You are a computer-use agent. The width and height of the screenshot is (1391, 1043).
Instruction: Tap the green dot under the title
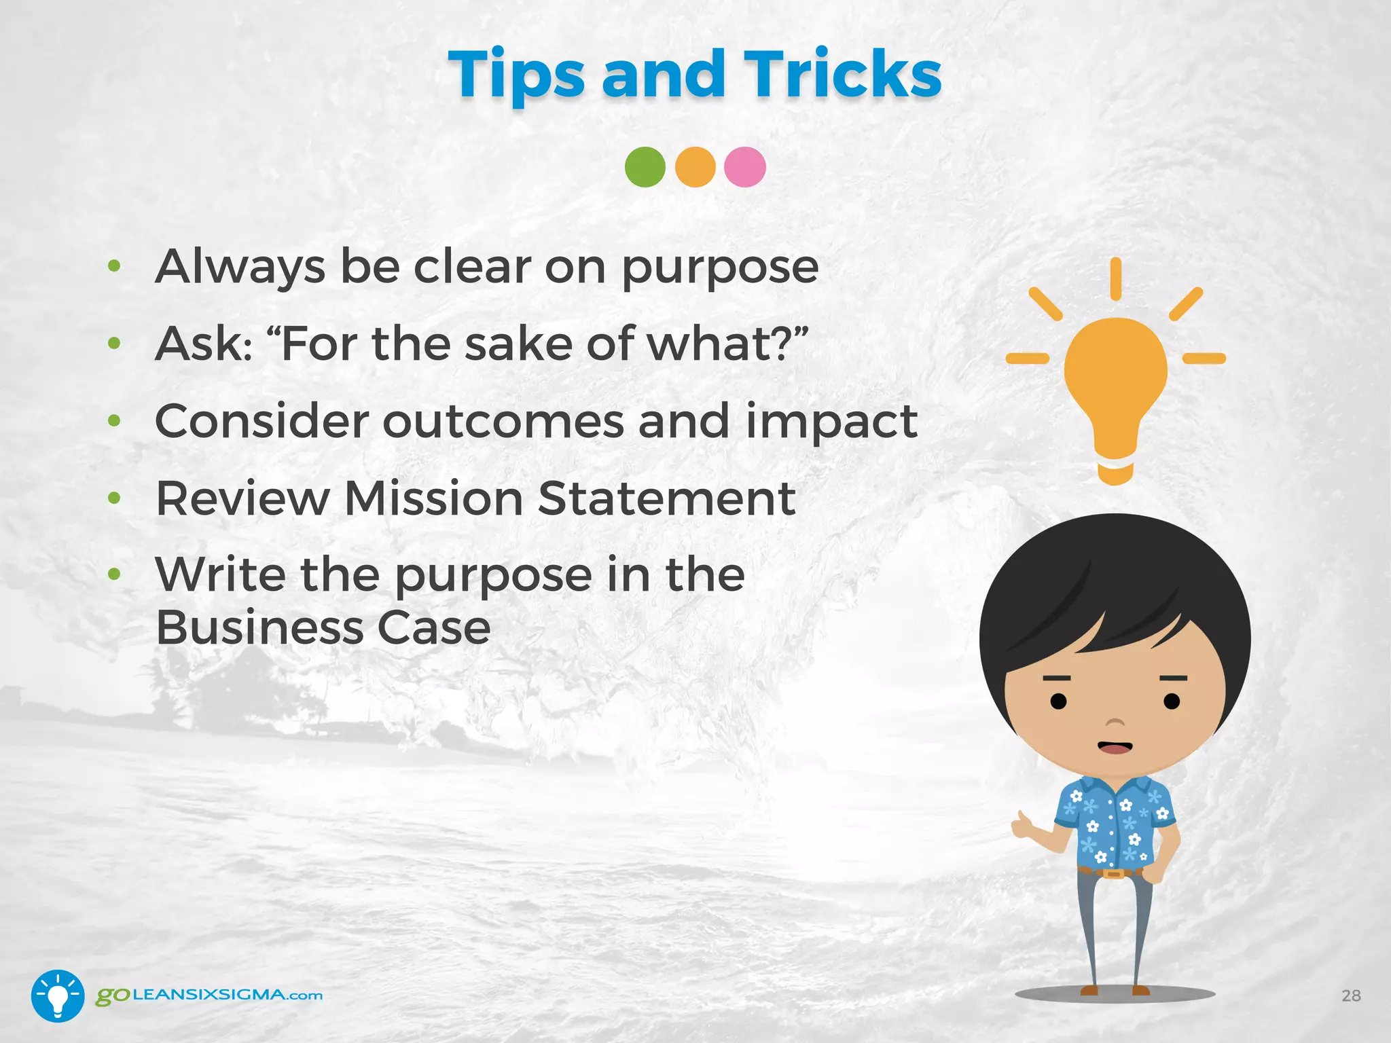[x=645, y=167]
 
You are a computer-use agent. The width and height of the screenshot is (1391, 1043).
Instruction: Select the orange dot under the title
[x=695, y=167]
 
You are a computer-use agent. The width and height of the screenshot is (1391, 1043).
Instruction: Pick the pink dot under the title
[x=744, y=167]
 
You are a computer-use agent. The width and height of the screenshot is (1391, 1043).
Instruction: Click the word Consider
[x=261, y=421]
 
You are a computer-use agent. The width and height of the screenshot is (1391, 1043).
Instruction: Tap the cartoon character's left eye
[x=1058, y=701]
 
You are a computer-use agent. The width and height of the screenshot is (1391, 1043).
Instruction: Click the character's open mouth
[x=1115, y=747]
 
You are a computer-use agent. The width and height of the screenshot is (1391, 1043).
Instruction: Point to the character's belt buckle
[x=1113, y=873]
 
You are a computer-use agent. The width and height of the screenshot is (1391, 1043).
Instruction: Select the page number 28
[x=1351, y=995]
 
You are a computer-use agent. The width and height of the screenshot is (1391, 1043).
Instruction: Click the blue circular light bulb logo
[x=58, y=995]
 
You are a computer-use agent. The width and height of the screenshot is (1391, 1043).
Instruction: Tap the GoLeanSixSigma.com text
[x=209, y=995]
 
